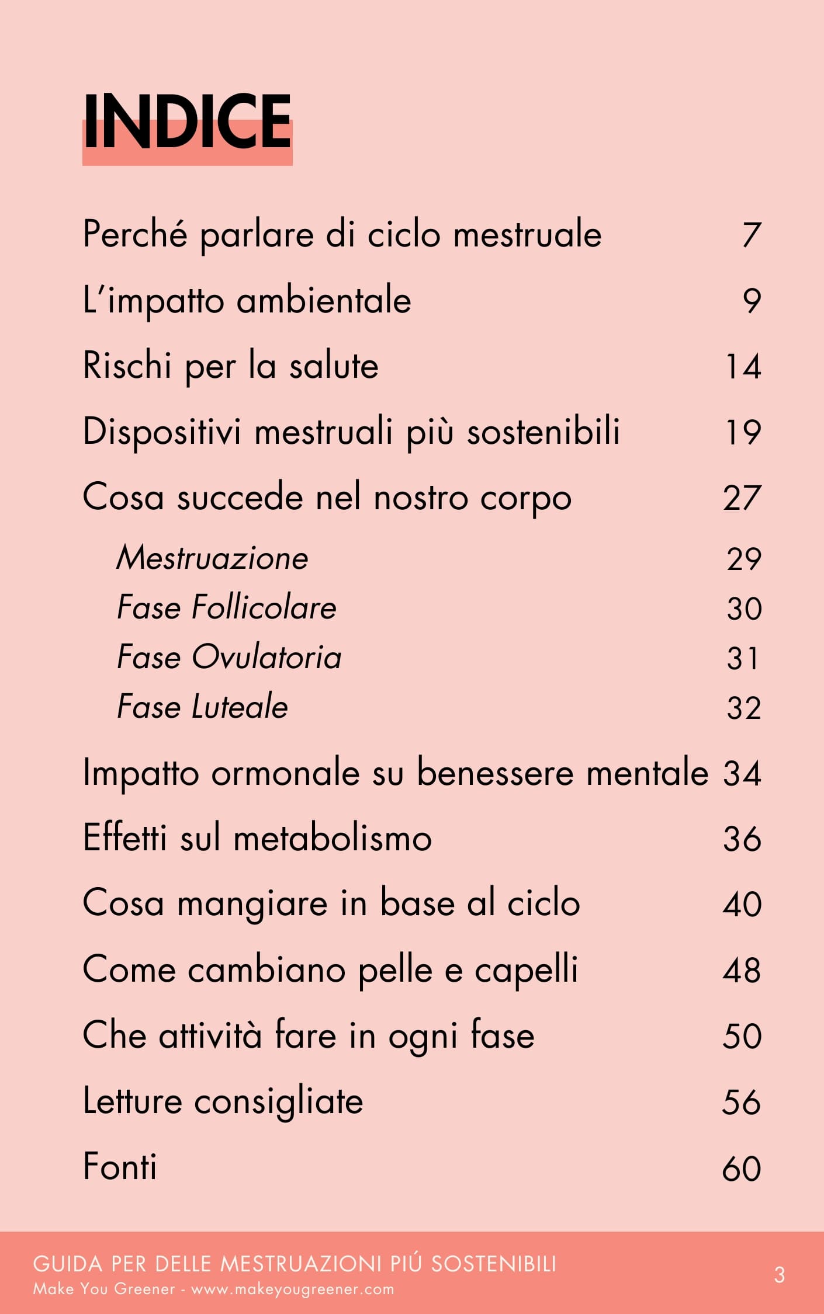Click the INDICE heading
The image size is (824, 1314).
(x=187, y=123)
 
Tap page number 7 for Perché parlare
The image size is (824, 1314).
(x=752, y=235)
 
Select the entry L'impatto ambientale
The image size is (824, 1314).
(x=247, y=301)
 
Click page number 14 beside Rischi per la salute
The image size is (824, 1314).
(x=743, y=367)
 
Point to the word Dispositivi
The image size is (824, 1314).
(x=162, y=433)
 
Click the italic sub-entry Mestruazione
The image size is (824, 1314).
(x=212, y=558)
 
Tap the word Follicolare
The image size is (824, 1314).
(x=264, y=608)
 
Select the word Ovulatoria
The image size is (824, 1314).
(x=266, y=658)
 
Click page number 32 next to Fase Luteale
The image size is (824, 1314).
(x=743, y=708)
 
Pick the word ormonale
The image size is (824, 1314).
(x=285, y=773)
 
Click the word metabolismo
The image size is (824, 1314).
(x=333, y=839)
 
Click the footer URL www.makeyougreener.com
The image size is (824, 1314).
(x=292, y=1289)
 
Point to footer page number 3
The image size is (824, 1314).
(x=779, y=1275)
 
